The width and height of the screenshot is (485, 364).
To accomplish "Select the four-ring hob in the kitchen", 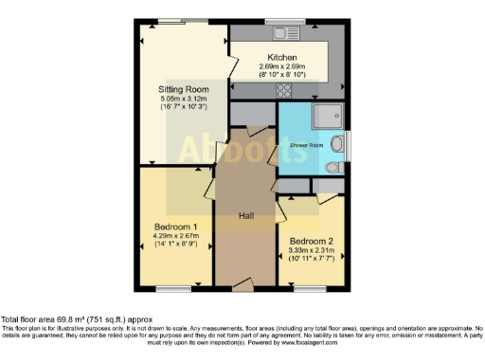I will tap(282, 90).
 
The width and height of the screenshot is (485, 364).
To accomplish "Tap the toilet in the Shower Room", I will tap(332, 167).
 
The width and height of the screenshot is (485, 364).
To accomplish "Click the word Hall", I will tap(245, 216).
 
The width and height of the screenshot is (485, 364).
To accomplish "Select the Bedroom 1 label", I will tap(175, 227).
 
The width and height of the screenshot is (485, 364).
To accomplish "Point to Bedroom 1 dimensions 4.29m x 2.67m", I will tap(175, 236).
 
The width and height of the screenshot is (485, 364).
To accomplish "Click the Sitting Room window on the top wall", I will tap(171, 20).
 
